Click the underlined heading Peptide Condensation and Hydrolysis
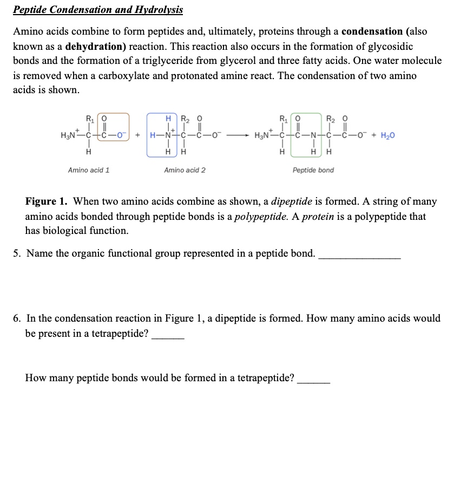click(98, 10)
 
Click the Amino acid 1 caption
click(89, 170)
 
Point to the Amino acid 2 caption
click(185, 170)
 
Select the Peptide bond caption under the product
click(313, 170)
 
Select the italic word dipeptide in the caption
click(292, 202)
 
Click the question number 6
click(17, 319)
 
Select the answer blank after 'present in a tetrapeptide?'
click(168, 334)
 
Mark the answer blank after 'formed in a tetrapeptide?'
click(314, 378)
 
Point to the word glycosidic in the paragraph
click(389, 47)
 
